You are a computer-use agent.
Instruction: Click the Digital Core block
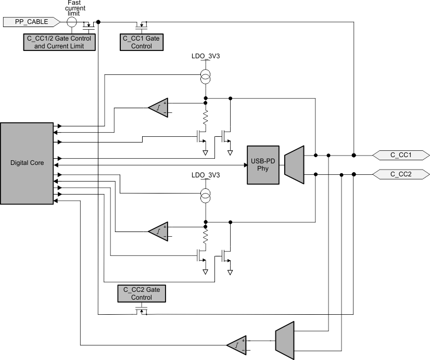pos(27,163)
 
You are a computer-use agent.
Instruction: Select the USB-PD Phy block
pos(263,165)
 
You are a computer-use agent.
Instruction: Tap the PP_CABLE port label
pos(31,22)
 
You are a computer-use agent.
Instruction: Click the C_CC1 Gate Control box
pos(137,42)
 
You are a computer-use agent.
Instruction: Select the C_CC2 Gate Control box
pos(142,293)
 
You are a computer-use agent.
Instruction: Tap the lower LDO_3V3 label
pos(206,175)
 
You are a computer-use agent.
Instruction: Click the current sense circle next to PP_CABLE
pos(72,22)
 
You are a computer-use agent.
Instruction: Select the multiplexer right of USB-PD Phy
pos(294,164)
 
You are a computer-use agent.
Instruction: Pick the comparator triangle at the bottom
pos(237,344)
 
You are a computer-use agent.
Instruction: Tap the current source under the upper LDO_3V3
pos(206,78)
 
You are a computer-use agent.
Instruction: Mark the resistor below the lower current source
pos(206,237)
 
